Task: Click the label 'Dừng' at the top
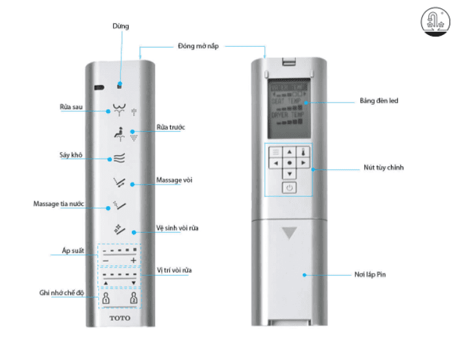[x=120, y=27]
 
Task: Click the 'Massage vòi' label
[x=174, y=179]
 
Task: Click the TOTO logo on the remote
[x=120, y=318]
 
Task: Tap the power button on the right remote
[x=290, y=188]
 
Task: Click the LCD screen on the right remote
[x=288, y=105]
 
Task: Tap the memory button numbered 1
[x=105, y=300]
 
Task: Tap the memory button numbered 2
[x=134, y=300]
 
